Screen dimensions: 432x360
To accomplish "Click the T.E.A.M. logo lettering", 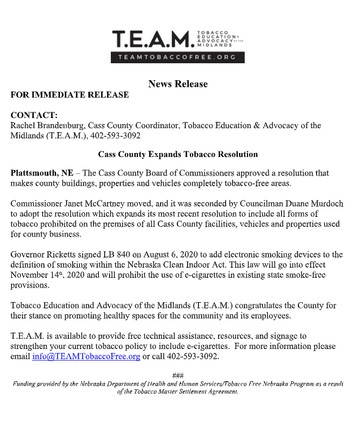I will [x=151, y=38].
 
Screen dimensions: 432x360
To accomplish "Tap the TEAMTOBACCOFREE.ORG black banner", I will [x=177, y=58].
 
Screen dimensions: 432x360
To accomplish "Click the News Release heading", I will [x=177, y=84].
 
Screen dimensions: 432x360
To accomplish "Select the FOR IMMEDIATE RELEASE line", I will [x=70, y=95].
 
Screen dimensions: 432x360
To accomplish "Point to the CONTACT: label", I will [x=34, y=115].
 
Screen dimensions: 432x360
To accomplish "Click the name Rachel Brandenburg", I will [x=48, y=125].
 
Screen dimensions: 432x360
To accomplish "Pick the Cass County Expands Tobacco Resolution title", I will [x=177, y=154].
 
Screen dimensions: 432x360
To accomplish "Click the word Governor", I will [x=29, y=255].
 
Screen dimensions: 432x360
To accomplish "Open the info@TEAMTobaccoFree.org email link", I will [x=86, y=357].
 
